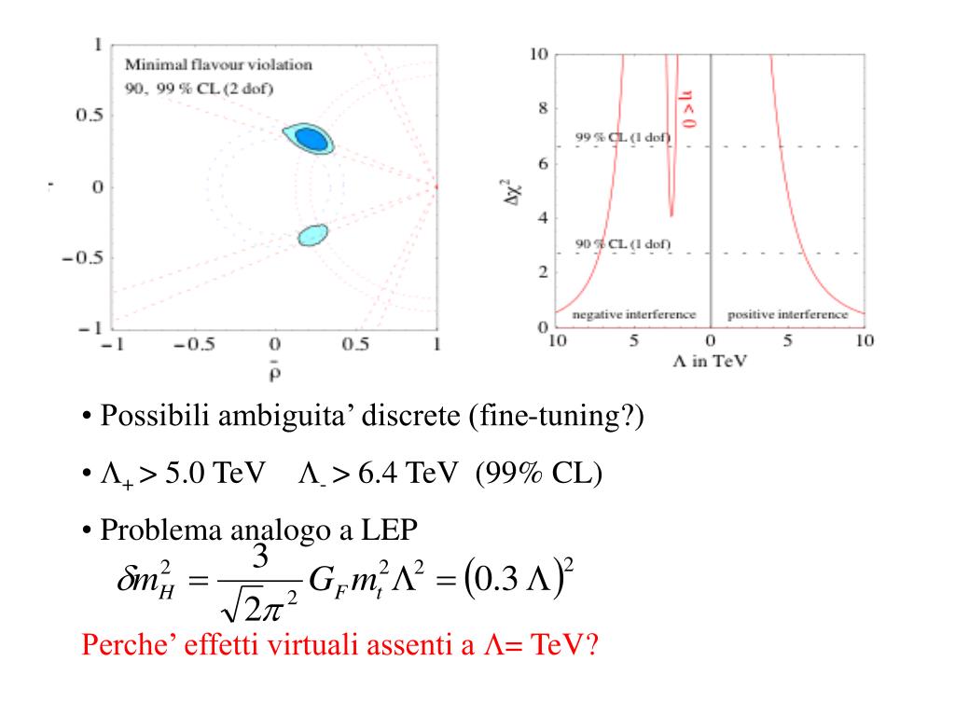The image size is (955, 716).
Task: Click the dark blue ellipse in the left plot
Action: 311,139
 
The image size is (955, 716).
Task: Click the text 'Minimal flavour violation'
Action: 219,65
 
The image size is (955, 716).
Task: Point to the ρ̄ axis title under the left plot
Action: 276,374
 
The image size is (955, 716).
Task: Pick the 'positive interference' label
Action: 788,315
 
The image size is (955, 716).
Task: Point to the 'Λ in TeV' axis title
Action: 712,362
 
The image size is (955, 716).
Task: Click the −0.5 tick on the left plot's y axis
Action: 82,258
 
